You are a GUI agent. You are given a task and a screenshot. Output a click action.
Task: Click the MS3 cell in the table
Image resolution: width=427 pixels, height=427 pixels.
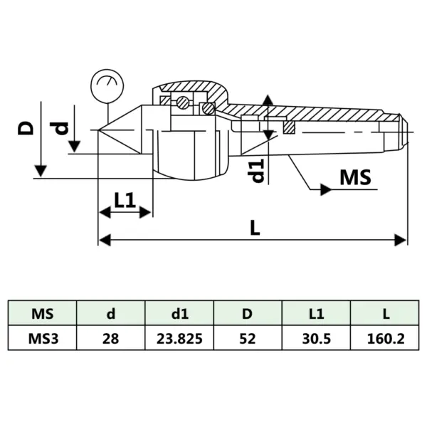(x=43, y=338)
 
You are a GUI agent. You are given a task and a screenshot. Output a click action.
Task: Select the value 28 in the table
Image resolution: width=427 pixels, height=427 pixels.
(x=111, y=338)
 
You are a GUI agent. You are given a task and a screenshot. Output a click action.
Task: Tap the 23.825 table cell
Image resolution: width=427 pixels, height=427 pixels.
(x=179, y=338)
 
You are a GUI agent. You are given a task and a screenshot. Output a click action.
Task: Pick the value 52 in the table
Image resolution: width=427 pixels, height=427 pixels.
(x=248, y=338)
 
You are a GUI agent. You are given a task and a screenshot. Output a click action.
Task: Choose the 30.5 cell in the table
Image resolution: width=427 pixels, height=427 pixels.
(x=316, y=338)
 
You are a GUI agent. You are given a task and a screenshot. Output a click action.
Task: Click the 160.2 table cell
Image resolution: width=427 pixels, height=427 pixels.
(x=384, y=338)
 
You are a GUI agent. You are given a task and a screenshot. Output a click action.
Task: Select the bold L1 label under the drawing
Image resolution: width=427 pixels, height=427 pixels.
(x=125, y=201)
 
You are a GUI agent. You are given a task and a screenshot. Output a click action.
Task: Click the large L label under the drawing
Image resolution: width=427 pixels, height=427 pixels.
(x=255, y=227)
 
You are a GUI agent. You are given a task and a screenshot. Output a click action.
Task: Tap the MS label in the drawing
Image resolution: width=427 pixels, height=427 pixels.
(x=355, y=177)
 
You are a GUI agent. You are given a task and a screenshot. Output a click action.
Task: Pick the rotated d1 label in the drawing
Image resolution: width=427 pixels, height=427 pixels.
(x=258, y=170)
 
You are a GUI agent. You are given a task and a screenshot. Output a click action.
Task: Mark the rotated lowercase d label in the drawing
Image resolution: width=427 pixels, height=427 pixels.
(x=62, y=128)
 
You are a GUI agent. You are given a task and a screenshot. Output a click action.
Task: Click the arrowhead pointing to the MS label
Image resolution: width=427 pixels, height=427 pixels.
(x=325, y=189)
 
